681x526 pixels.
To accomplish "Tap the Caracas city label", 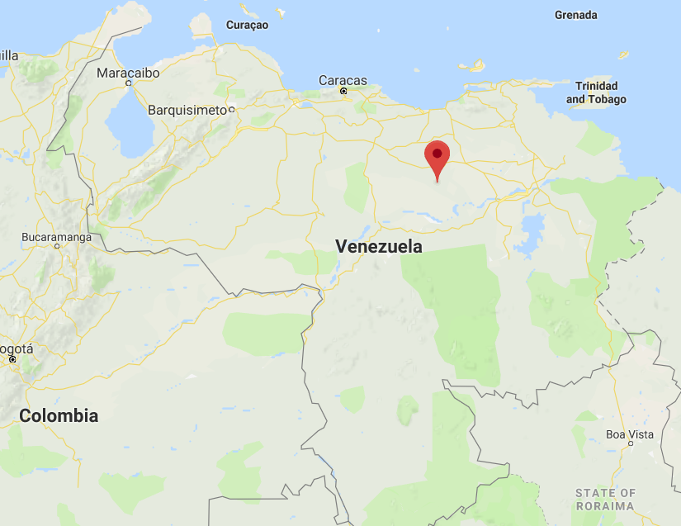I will pyautogui.click(x=343, y=80).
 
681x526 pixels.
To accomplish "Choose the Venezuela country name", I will pyautogui.click(x=379, y=246).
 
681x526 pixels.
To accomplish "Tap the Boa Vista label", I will pyautogui.click(x=630, y=434).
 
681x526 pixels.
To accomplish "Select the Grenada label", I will pyautogui.click(x=576, y=15).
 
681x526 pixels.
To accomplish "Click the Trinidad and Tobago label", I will pyautogui.click(x=596, y=92).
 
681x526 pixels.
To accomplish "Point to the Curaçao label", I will pyautogui.click(x=248, y=26).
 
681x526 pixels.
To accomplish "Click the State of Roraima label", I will pyautogui.click(x=606, y=499).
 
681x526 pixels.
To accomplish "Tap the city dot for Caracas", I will pyautogui.click(x=343, y=91).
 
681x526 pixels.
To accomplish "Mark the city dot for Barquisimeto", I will pyautogui.click(x=232, y=110).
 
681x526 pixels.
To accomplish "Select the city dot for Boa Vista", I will pyautogui.click(x=630, y=444).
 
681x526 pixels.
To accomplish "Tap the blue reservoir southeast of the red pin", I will pyautogui.click(x=533, y=227).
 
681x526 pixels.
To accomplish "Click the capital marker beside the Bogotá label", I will pyautogui.click(x=12, y=359).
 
